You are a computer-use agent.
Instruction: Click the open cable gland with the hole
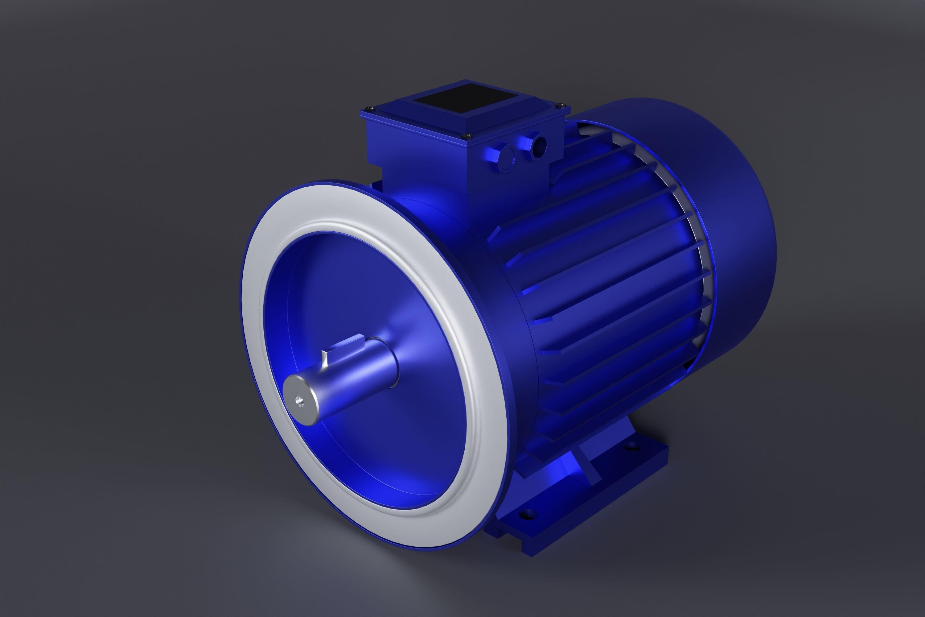click(x=538, y=146)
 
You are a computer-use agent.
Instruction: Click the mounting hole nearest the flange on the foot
click(x=528, y=514)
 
